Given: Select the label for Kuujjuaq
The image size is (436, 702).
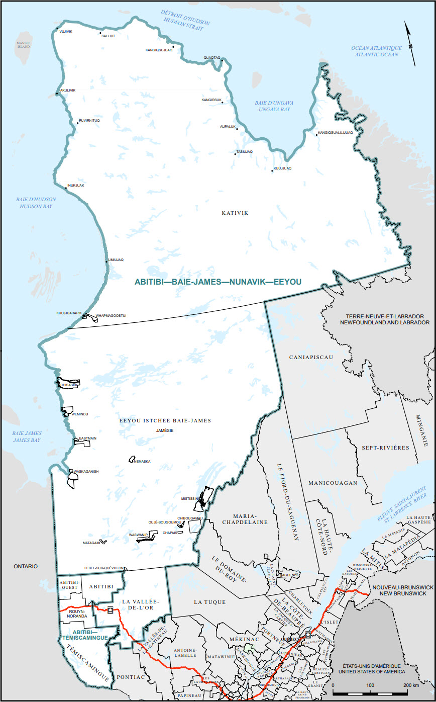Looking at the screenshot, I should click(282, 168).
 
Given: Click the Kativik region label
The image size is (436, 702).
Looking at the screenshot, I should click(235, 213).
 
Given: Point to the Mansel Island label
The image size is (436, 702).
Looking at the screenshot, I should click(24, 45).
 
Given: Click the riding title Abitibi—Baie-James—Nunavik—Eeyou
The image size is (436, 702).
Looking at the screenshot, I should click(218, 282).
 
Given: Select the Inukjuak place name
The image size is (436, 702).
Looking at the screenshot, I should click(76, 185).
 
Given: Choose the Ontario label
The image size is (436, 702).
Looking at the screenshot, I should click(26, 566).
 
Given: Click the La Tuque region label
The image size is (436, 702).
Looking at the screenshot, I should click(209, 601).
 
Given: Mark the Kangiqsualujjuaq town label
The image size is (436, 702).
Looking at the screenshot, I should click(336, 133).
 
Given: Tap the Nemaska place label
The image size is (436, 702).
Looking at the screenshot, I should click(143, 461).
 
